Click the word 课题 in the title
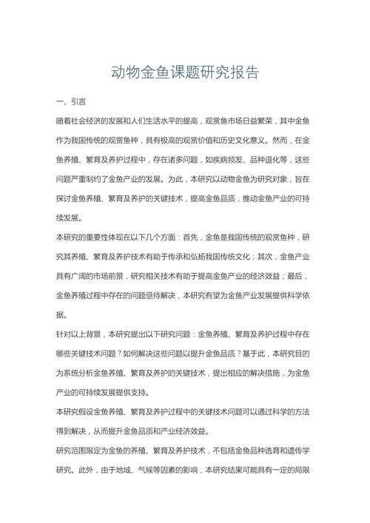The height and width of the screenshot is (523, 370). pyautogui.click(x=184, y=72)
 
